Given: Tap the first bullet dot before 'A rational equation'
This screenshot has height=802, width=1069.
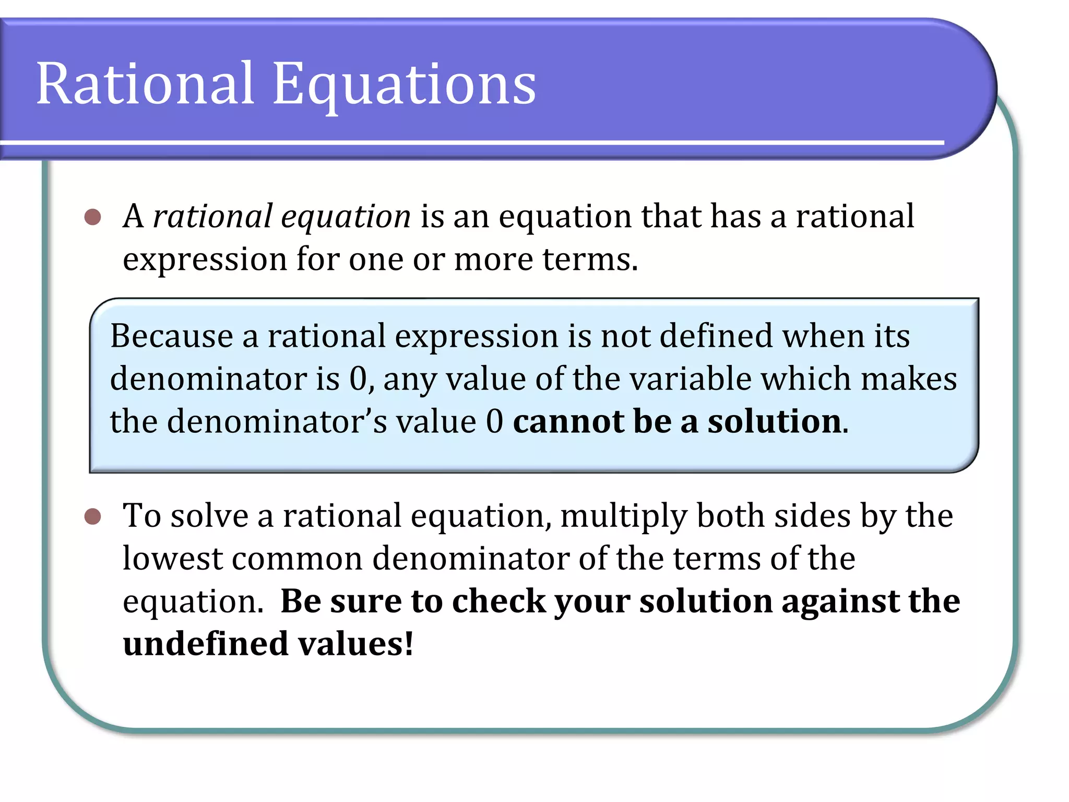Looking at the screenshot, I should tap(92, 217).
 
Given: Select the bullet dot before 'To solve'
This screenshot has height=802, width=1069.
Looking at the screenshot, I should tap(92, 517).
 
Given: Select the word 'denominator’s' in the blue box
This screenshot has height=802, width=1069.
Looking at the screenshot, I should tap(277, 421).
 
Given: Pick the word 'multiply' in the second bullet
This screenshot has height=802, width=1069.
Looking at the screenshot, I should tap(624, 517).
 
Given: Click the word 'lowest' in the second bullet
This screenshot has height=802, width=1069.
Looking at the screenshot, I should tap(173, 559).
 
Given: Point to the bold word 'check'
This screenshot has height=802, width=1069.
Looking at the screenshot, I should tap(498, 601).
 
